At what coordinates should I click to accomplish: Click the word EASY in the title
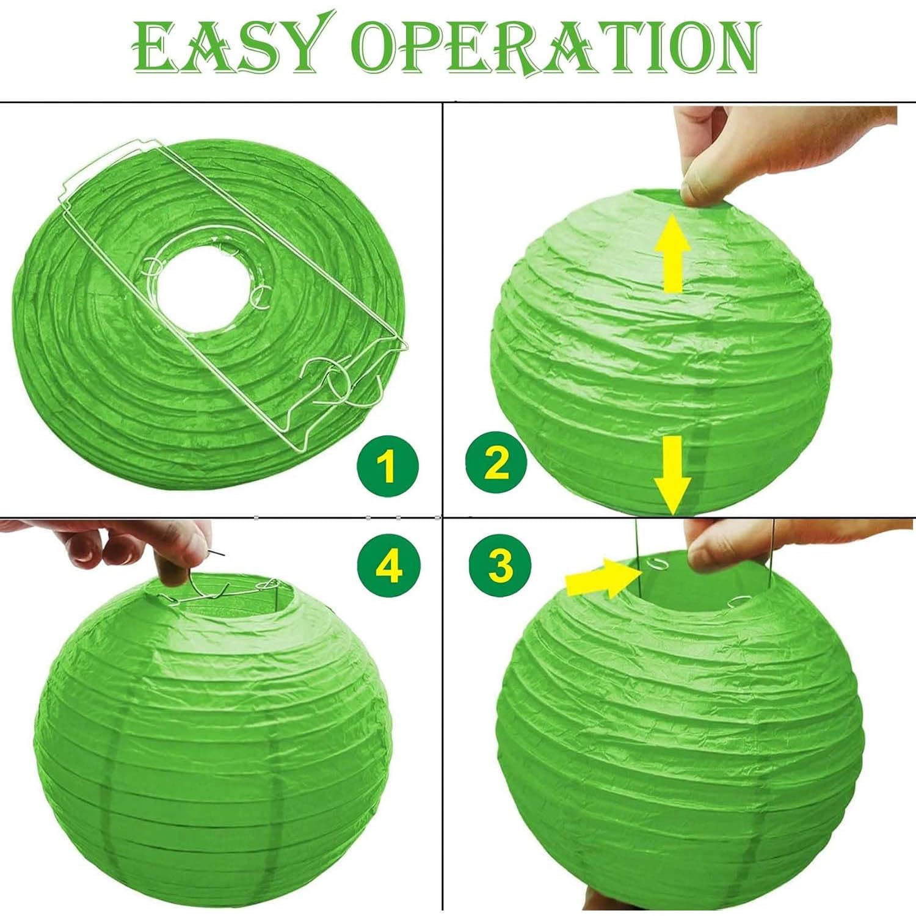227,44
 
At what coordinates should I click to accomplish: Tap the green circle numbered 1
388,467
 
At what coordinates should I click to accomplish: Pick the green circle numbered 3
500,565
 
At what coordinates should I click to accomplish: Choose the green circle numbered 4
388,566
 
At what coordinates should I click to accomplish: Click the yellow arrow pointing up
673,253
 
